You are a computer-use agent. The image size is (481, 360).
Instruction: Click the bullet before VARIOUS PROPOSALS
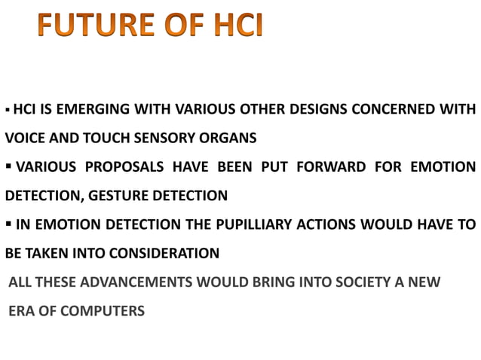(10, 166)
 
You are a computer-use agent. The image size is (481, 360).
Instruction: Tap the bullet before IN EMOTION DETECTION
(10, 224)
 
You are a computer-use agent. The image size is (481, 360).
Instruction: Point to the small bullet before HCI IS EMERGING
(8, 110)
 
